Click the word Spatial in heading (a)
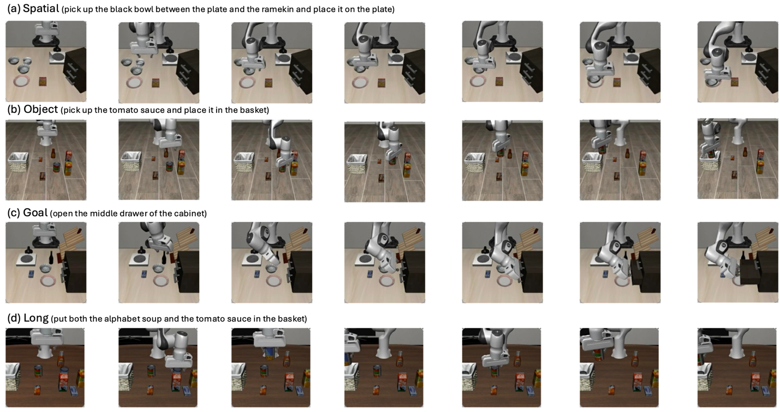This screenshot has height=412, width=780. coord(41,8)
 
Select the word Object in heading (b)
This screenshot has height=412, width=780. coord(40,109)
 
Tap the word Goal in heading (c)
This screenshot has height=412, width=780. coord(35,213)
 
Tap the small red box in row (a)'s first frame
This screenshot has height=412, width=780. coord(43,81)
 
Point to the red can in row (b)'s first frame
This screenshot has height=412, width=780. coord(56,167)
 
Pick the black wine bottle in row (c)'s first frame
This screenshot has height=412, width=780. coord(51,258)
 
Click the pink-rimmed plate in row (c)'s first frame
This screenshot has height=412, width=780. coord(49,280)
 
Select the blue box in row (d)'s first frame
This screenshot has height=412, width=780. coord(74,391)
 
